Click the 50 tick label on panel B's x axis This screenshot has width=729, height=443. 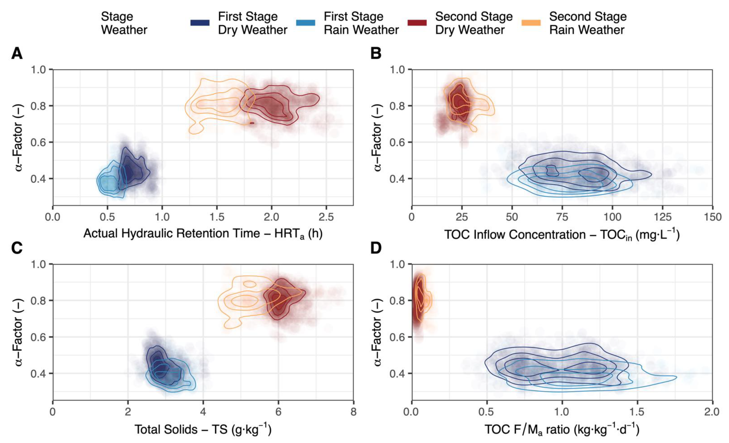click(512, 217)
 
